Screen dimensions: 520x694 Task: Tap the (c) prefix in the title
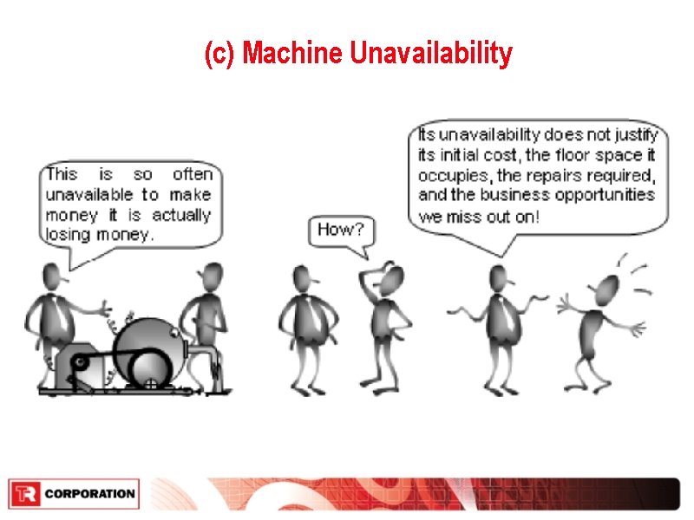point(220,55)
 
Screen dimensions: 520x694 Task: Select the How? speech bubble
point(341,230)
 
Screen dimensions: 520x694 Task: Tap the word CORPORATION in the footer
point(89,495)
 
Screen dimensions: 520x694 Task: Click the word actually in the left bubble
point(181,215)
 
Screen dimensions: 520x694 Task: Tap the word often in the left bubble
point(192,175)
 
